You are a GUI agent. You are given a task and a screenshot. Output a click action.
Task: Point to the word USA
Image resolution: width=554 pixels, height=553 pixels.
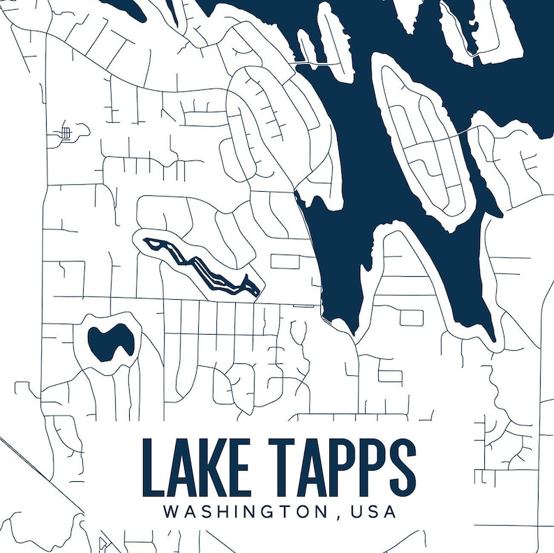coord(374,511)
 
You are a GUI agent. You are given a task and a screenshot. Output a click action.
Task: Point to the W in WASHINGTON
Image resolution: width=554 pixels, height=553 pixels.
coord(171,511)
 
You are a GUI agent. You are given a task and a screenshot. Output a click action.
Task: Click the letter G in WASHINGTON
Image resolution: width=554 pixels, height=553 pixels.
coord(269,511)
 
